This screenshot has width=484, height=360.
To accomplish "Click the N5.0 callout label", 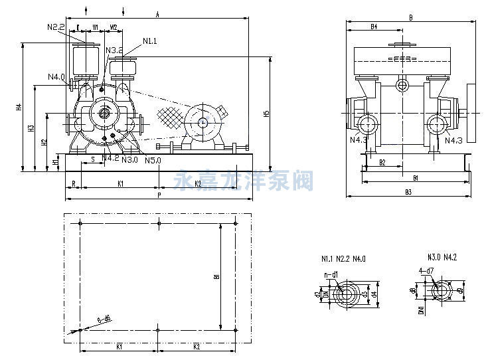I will [x=152, y=159].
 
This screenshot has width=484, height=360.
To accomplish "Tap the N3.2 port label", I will [x=114, y=50].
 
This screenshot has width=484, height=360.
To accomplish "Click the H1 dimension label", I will [x=54, y=163].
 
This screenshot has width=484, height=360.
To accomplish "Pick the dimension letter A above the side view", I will [x=157, y=13].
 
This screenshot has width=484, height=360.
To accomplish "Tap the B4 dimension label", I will [x=373, y=27].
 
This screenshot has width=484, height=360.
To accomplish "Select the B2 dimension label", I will [x=382, y=162].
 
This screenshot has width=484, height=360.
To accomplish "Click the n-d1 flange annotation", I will [x=331, y=274].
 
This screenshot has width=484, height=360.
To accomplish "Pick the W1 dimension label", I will [x=96, y=27].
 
